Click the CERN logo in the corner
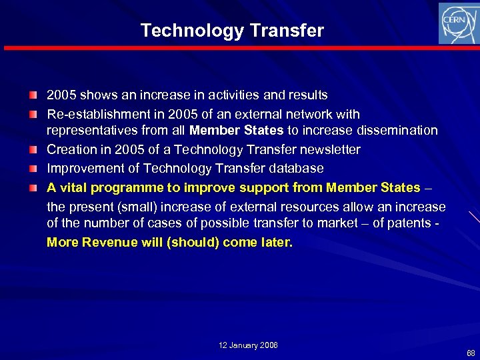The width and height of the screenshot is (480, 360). pos(458,23)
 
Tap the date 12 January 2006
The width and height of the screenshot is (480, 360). pos(248,345)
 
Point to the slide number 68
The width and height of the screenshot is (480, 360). pos(471,352)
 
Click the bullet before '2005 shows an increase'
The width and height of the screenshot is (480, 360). pos(33,95)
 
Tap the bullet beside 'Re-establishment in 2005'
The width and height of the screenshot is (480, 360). pos(33,115)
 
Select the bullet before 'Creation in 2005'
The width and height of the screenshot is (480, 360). pos(33,150)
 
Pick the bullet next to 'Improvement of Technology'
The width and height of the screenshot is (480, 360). pos(33,169)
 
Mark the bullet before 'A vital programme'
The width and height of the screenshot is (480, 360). pos(33,188)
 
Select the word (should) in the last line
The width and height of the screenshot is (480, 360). pos(194,242)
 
